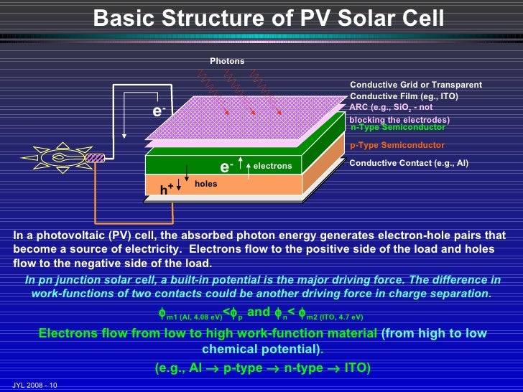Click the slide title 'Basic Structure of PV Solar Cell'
[x=269, y=16]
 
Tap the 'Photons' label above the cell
[x=227, y=61]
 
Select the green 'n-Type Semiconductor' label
[x=397, y=127]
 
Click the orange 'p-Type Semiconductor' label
[x=397, y=145]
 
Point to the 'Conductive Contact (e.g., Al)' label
[x=408, y=163]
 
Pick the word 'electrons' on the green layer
[x=273, y=166]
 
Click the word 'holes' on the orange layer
[x=205, y=184]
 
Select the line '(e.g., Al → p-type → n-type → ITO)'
[x=263, y=368]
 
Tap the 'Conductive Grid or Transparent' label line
[x=416, y=85]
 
